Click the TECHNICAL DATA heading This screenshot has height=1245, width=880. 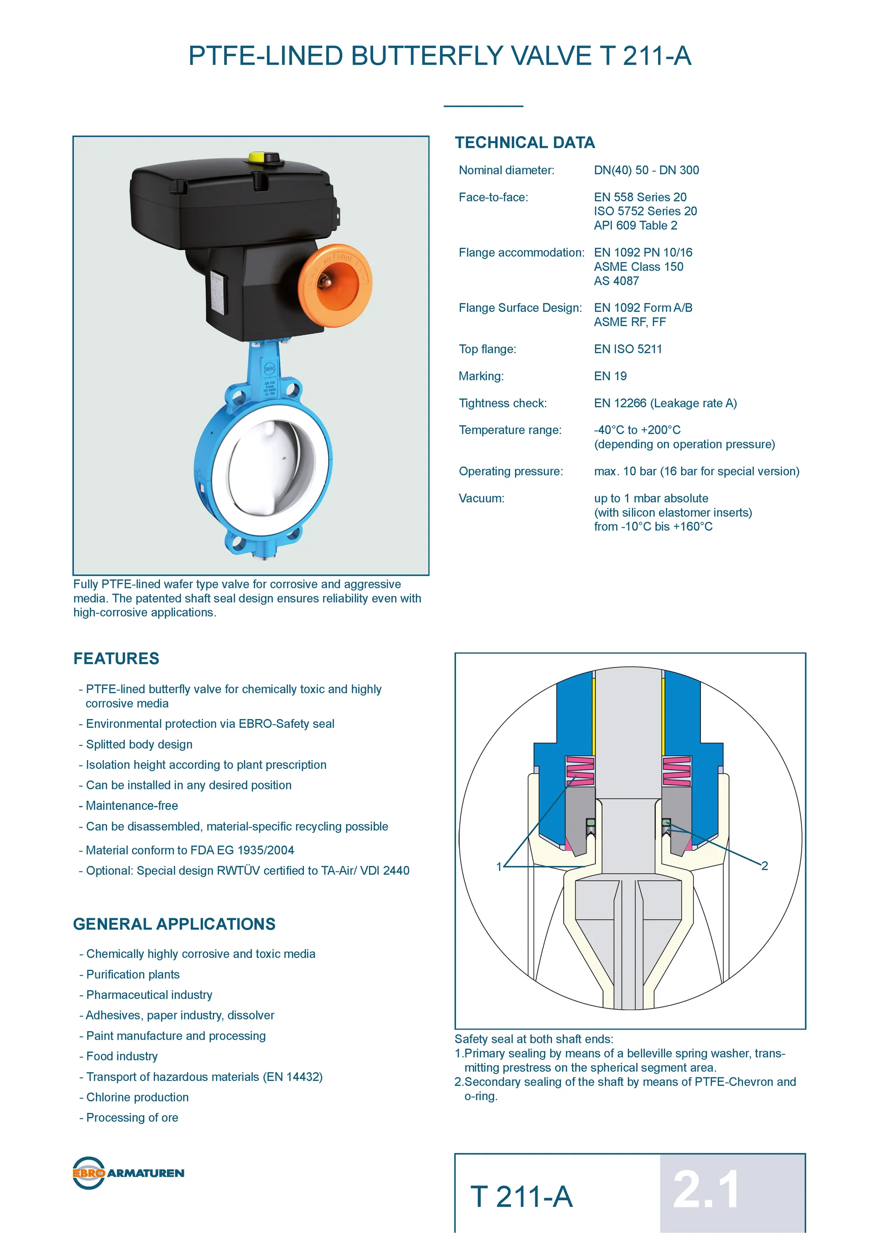tap(524, 143)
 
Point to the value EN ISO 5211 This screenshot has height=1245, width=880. tap(627, 349)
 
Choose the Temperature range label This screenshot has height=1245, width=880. tap(510, 430)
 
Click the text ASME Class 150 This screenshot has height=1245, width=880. tap(638, 267)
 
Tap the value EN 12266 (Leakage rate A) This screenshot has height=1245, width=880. tap(665, 403)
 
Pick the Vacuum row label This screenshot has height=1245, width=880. tap(481, 498)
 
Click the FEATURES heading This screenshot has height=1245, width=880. tap(116, 658)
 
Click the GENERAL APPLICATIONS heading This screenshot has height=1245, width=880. tap(174, 924)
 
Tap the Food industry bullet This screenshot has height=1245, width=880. tap(122, 1056)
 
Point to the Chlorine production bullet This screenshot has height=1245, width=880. tap(137, 1097)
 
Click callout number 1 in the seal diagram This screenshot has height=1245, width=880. tap(499, 866)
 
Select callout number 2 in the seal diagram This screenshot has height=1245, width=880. tap(764, 866)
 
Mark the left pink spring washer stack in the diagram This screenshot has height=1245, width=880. tap(580, 771)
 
